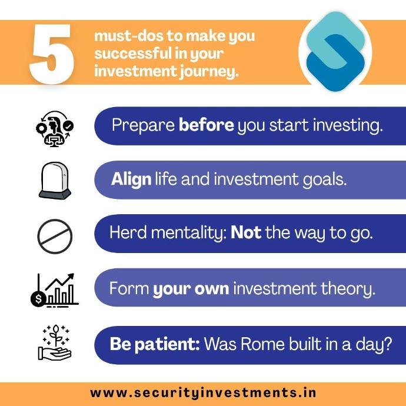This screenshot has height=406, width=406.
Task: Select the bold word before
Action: tap(206, 125)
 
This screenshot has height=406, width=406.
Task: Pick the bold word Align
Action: tap(131, 179)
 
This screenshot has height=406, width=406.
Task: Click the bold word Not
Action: tap(245, 233)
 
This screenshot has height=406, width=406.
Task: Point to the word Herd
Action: tap(128, 233)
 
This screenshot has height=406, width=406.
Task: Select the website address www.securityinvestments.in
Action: tap(203, 392)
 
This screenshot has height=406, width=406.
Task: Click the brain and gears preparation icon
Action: tap(54, 126)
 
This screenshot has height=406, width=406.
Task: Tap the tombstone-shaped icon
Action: tap(55, 180)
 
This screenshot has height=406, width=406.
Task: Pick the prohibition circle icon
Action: tap(55, 237)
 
